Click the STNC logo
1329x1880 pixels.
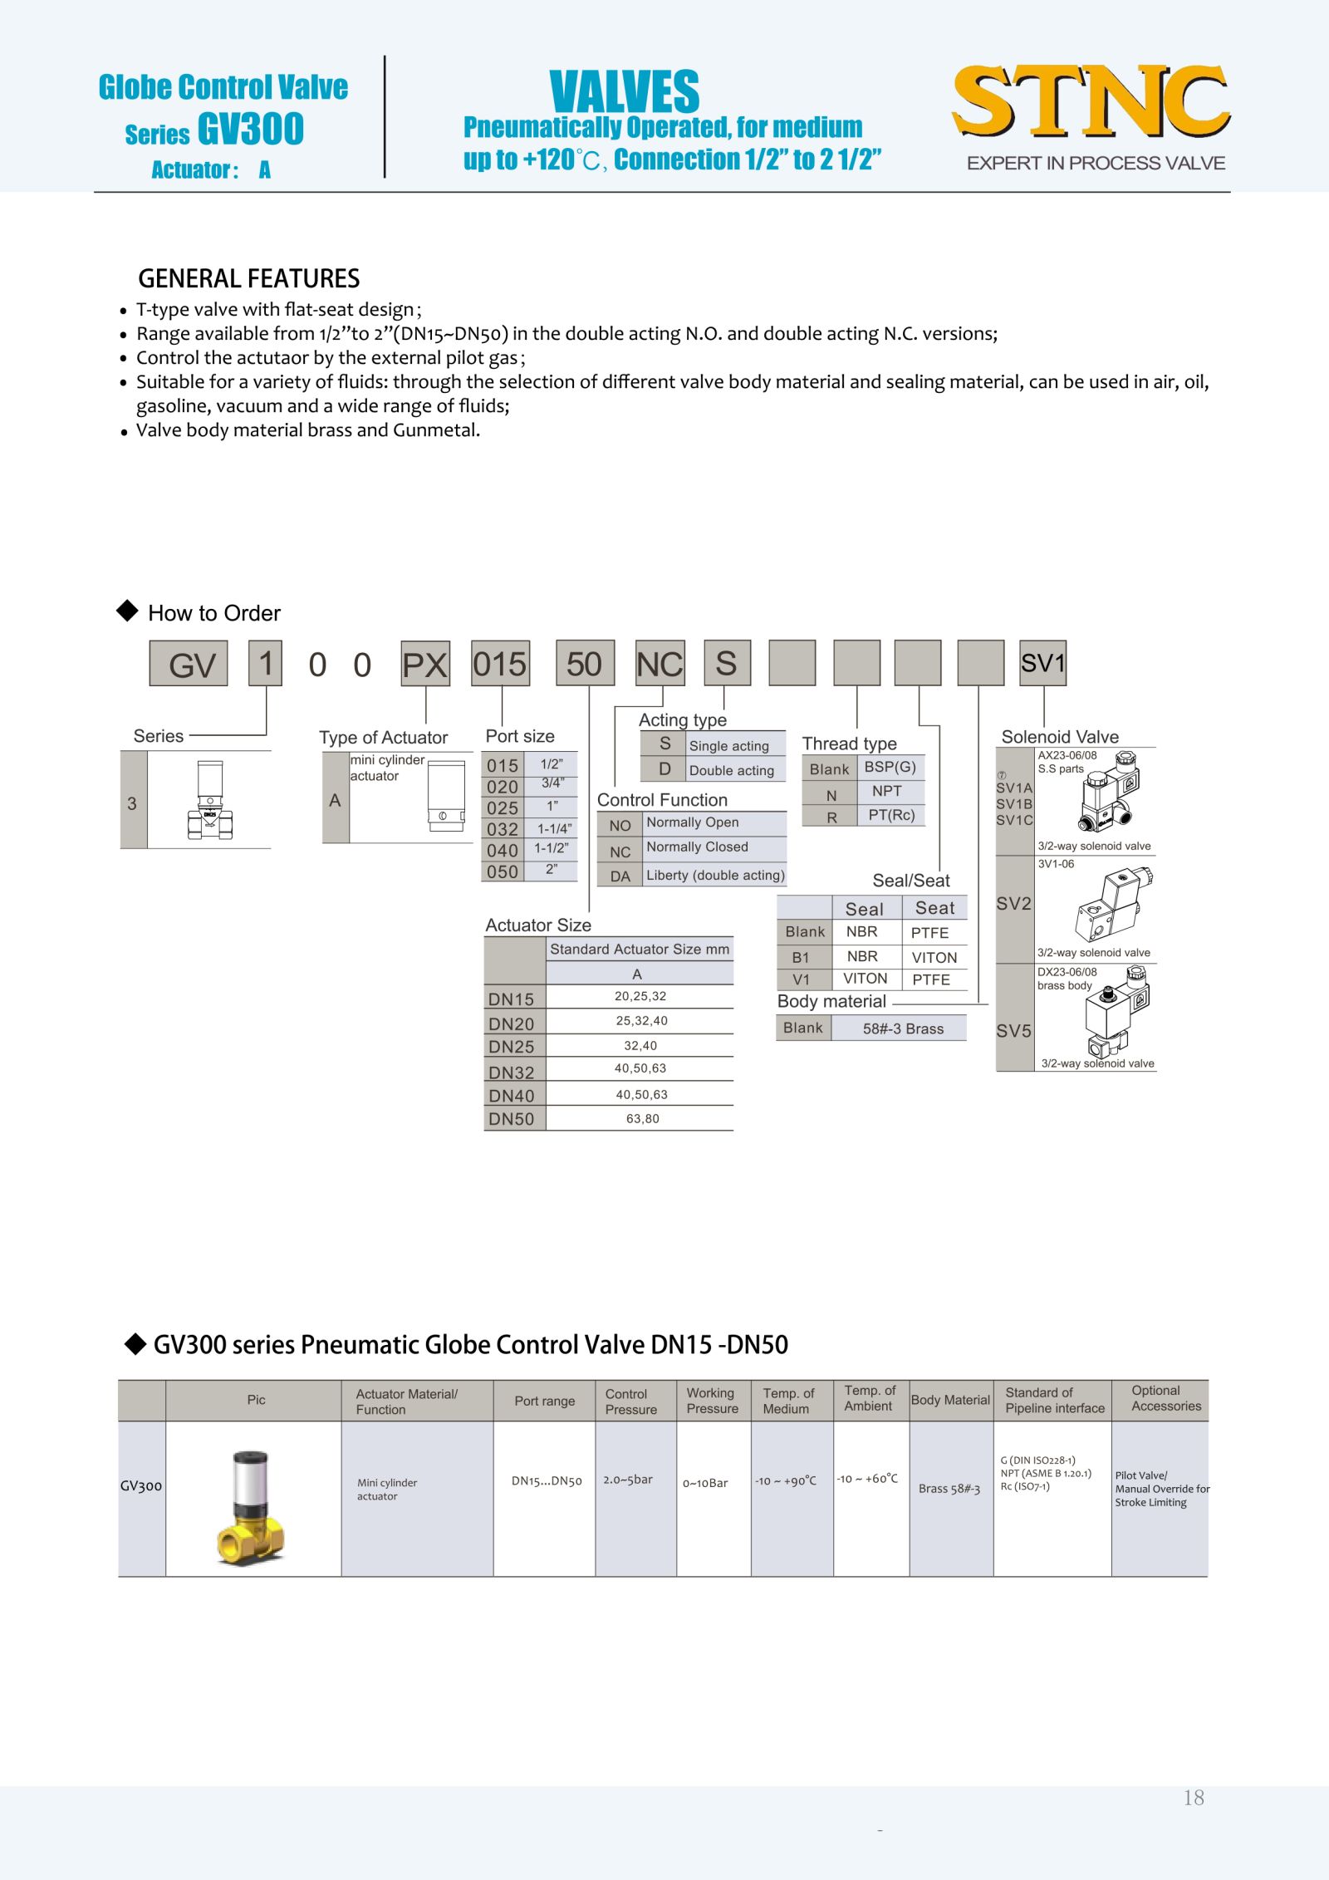1091,101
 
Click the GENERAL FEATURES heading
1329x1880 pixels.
248,278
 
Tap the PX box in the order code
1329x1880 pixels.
425,664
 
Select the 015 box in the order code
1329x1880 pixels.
500,664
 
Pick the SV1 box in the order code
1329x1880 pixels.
1042,663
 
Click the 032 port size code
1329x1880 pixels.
503,829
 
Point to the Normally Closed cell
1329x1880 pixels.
697,847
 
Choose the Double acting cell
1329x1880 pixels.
731,771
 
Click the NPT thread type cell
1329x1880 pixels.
886,792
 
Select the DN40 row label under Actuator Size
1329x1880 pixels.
512,1096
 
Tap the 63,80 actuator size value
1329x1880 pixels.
642,1119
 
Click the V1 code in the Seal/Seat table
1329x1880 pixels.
801,980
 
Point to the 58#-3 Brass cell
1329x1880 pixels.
903,1028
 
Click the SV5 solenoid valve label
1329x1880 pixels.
1014,1031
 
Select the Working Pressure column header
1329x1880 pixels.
712,1401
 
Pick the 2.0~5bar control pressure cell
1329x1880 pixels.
628,1480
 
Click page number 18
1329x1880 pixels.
1194,1798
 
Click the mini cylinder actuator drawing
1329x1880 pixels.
446,796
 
